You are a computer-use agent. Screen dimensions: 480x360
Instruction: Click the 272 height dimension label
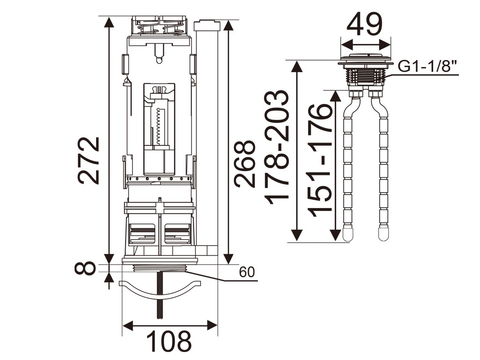pos(89,160)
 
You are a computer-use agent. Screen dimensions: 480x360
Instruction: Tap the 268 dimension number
pos(245,164)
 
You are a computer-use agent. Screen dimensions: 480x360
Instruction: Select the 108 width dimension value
pos(169,341)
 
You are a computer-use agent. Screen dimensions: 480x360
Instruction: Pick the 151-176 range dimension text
pos(320,160)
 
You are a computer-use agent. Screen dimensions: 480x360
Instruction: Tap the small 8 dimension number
pos(85,269)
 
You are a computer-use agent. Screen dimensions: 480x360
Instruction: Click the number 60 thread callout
pos(247,272)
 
